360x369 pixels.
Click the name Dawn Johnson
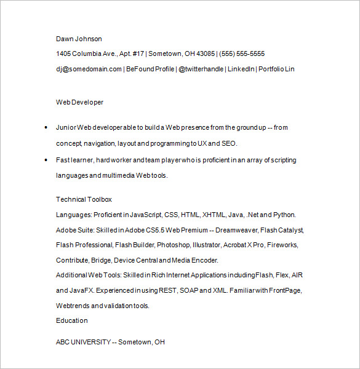point(79,39)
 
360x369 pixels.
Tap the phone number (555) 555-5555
point(242,54)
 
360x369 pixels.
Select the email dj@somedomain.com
point(89,69)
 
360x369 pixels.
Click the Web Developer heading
point(79,102)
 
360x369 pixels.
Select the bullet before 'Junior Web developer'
point(46,128)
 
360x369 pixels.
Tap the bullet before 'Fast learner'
point(46,161)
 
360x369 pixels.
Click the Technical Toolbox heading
point(84,199)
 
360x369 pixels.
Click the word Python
point(285,215)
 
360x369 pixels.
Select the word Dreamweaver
point(238,230)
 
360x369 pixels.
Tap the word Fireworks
point(282,245)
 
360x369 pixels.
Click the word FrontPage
point(285,290)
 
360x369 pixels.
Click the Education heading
point(71,320)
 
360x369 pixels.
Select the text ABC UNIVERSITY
point(83,342)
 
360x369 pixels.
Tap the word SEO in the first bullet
point(229,143)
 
